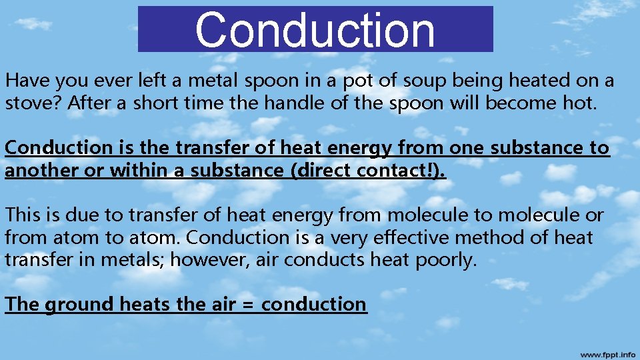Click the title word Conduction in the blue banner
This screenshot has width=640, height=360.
click(315, 30)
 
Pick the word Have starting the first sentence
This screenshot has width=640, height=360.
click(27, 81)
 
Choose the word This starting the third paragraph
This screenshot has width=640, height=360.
click(24, 215)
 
